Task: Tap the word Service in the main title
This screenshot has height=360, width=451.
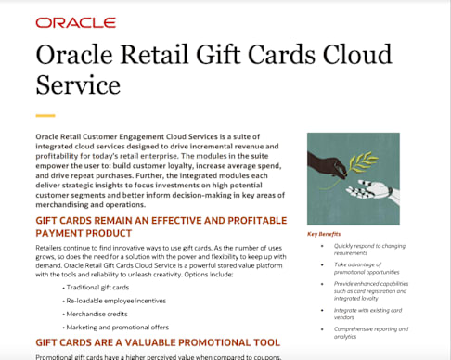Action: tap(78, 84)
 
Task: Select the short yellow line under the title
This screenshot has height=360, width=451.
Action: tap(45, 116)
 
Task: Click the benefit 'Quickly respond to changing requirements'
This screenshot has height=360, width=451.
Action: tap(367, 249)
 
